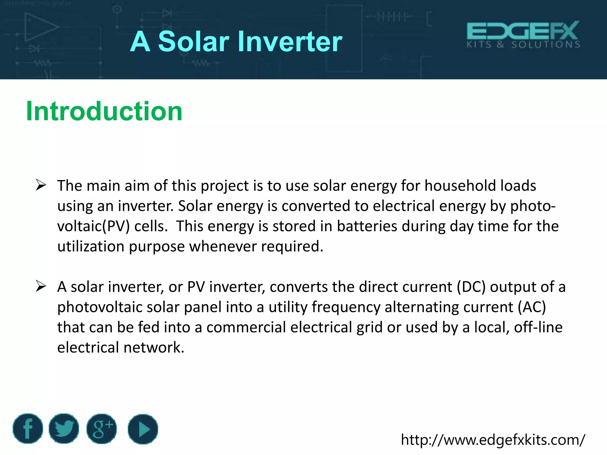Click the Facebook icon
click(x=28, y=429)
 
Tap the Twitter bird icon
click(x=64, y=429)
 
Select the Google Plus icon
click(x=102, y=429)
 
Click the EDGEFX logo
click(x=523, y=31)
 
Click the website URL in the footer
click(x=493, y=440)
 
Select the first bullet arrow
click(x=41, y=185)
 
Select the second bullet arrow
click(x=41, y=286)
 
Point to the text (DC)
click(x=471, y=287)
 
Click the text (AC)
click(x=532, y=307)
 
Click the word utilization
click(x=91, y=246)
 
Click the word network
click(x=154, y=347)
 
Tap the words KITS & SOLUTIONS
click(x=523, y=45)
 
